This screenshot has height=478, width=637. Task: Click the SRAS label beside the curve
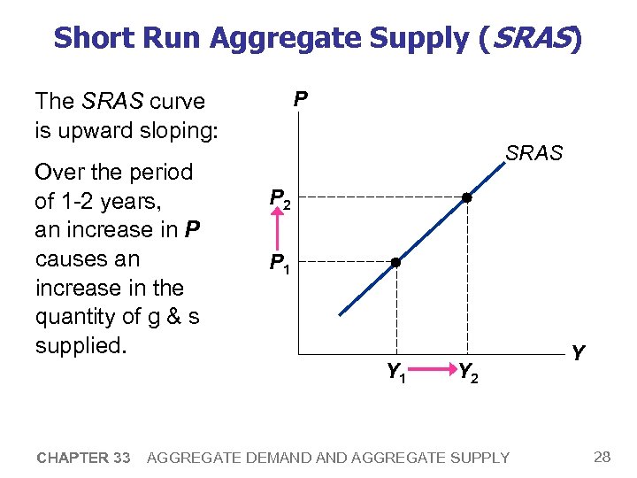click(533, 153)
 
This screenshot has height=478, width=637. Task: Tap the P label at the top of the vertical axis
click(301, 99)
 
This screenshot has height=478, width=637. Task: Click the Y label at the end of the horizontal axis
click(578, 354)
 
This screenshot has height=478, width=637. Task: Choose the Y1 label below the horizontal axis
click(396, 374)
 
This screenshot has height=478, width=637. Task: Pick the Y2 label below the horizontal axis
click(468, 374)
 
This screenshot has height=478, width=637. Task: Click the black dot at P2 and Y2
click(466, 198)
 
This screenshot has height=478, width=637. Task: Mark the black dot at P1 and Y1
click(396, 263)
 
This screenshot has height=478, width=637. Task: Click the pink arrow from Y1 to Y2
click(432, 372)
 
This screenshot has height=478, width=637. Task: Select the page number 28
click(602, 457)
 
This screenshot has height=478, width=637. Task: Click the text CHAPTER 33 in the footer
click(83, 458)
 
